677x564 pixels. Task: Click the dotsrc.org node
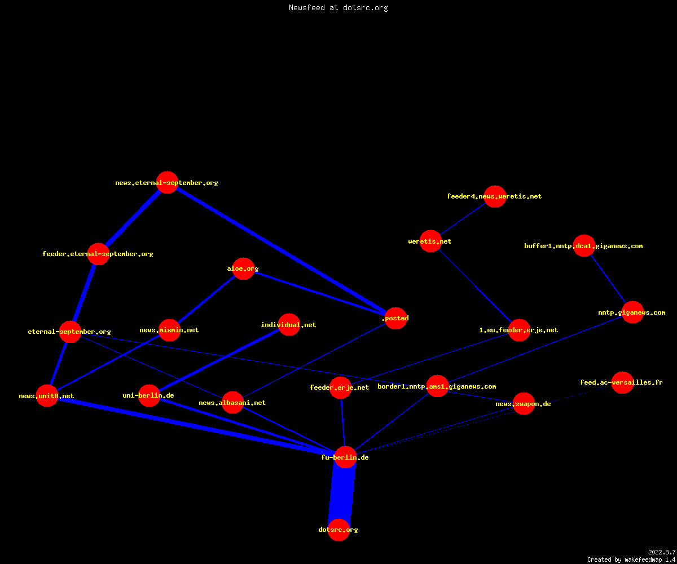(338, 530)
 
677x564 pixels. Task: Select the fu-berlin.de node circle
(345, 457)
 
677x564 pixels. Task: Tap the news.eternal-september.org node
(168, 183)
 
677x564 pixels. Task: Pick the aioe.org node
(243, 268)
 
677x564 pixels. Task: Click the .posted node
(395, 318)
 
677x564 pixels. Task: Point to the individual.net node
(289, 324)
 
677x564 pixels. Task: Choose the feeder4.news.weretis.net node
(495, 196)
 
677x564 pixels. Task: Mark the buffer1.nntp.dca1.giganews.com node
(584, 246)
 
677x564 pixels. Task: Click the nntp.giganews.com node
(632, 312)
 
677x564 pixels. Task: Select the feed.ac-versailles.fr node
(622, 382)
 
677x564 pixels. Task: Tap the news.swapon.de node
(524, 404)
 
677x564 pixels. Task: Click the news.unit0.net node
(47, 395)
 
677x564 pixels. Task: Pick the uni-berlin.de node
(149, 395)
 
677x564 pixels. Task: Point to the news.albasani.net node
(232, 402)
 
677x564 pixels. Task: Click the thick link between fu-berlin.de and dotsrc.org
(342, 493)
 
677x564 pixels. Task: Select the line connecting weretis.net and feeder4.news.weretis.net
(463, 219)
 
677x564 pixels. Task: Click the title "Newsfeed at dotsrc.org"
(338, 7)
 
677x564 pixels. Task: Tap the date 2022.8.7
(662, 552)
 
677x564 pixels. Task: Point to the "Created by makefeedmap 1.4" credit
(631, 560)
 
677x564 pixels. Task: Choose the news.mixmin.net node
(169, 330)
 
